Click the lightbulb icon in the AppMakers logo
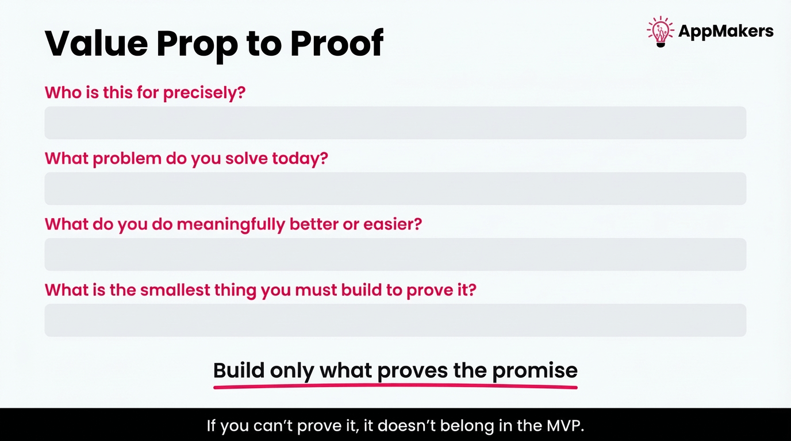660,31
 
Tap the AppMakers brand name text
725,32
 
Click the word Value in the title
95,43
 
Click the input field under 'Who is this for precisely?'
395,123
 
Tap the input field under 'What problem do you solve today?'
395,189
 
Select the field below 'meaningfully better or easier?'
395,254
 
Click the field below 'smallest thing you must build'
395,320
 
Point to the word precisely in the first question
203,93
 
